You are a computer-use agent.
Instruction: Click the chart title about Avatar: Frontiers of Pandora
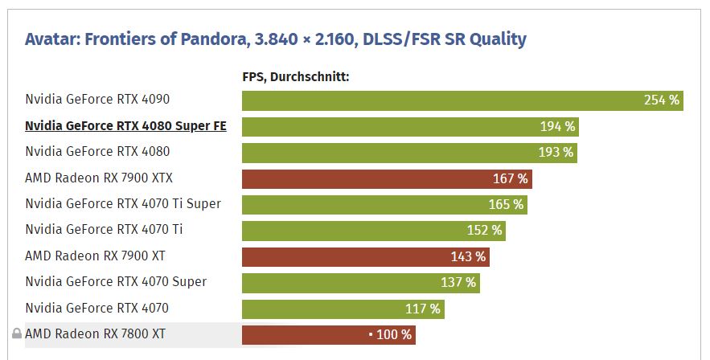[275, 39]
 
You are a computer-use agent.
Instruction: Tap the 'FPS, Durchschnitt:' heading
[295, 77]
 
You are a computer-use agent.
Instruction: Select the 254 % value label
[662, 100]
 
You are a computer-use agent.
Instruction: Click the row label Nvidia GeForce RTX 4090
[97, 100]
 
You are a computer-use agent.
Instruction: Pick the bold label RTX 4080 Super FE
[125, 126]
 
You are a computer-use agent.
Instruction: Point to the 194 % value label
[558, 126]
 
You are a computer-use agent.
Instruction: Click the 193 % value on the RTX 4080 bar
[556, 152]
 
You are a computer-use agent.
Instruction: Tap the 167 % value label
[511, 178]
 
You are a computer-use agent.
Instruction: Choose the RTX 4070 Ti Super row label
[123, 204]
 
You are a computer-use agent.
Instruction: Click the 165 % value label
[507, 204]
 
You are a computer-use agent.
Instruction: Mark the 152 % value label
[485, 231]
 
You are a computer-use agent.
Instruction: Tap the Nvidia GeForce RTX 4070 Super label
[116, 282]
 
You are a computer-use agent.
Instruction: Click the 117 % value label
[423, 309]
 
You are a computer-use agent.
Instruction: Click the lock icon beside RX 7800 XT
[16, 333]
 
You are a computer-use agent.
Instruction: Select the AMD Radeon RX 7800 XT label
[96, 333]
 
